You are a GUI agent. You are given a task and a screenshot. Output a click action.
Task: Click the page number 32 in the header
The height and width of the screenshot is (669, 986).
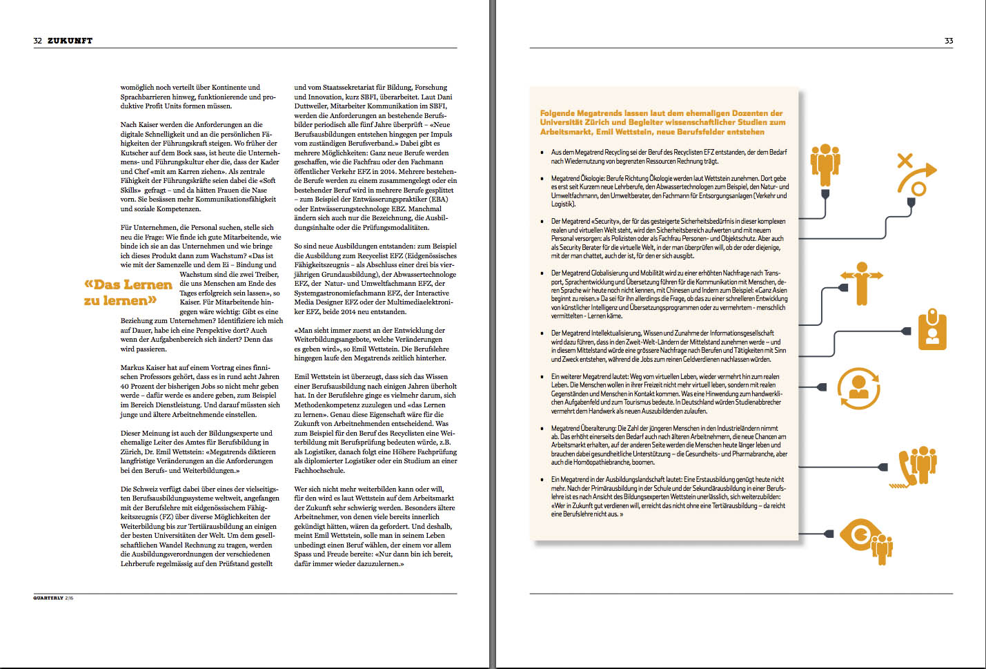(37, 41)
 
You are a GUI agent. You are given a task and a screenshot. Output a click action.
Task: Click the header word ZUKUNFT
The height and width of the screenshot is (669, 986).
(70, 41)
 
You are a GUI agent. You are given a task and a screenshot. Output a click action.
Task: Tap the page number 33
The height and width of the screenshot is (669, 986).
(949, 41)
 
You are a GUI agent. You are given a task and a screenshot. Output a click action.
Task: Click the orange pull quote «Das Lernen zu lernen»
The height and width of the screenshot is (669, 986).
(128, 292)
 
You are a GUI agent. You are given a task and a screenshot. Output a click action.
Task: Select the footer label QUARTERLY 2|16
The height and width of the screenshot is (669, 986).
(53, 598)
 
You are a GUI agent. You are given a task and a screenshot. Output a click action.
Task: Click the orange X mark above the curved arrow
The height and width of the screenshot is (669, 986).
(904, 161)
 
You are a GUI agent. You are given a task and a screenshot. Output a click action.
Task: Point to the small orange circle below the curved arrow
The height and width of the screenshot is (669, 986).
(918, 189)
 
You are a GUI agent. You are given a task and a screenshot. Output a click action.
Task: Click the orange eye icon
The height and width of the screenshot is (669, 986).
(861, 535)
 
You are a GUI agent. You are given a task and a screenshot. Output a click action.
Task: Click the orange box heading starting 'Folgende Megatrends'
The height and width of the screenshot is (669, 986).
(662, 122)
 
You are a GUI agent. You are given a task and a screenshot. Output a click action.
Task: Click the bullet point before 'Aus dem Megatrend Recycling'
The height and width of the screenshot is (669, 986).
(542, 153)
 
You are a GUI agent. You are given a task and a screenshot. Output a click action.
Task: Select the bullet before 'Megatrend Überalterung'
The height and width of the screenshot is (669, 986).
(542, 429)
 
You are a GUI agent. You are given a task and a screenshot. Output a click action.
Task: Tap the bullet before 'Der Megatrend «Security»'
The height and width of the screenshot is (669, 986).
(542, 222)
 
